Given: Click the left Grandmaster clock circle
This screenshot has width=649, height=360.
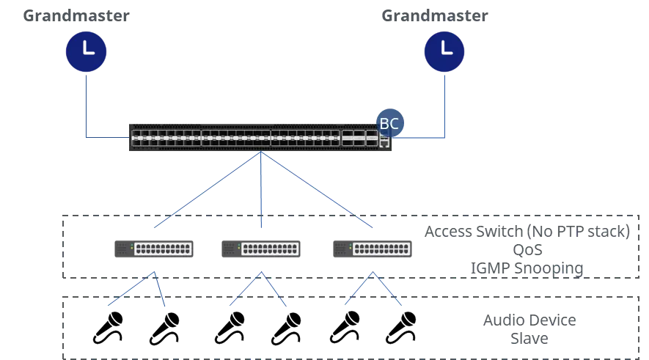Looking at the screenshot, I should point(87,51).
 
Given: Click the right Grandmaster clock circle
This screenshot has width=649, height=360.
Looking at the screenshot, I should point(445,51).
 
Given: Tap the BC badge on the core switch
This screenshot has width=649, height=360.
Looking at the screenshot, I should point(389,124).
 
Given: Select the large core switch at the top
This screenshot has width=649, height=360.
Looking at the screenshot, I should point(260,138).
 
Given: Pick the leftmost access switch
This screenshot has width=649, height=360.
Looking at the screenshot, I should point(153,248).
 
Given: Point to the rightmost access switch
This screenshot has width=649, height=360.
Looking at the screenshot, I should point(372,248).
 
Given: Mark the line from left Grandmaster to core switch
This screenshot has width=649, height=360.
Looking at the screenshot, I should point(87,110).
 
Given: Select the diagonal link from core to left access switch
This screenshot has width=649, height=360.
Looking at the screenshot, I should point(205,191).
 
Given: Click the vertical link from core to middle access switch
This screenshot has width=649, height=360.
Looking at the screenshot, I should point(260,191).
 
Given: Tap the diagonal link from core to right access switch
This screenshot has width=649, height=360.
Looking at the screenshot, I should point(317,191).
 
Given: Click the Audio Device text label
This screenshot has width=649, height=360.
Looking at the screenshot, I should point(530,321).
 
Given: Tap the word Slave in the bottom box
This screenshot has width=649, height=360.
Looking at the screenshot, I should point(530,339).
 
